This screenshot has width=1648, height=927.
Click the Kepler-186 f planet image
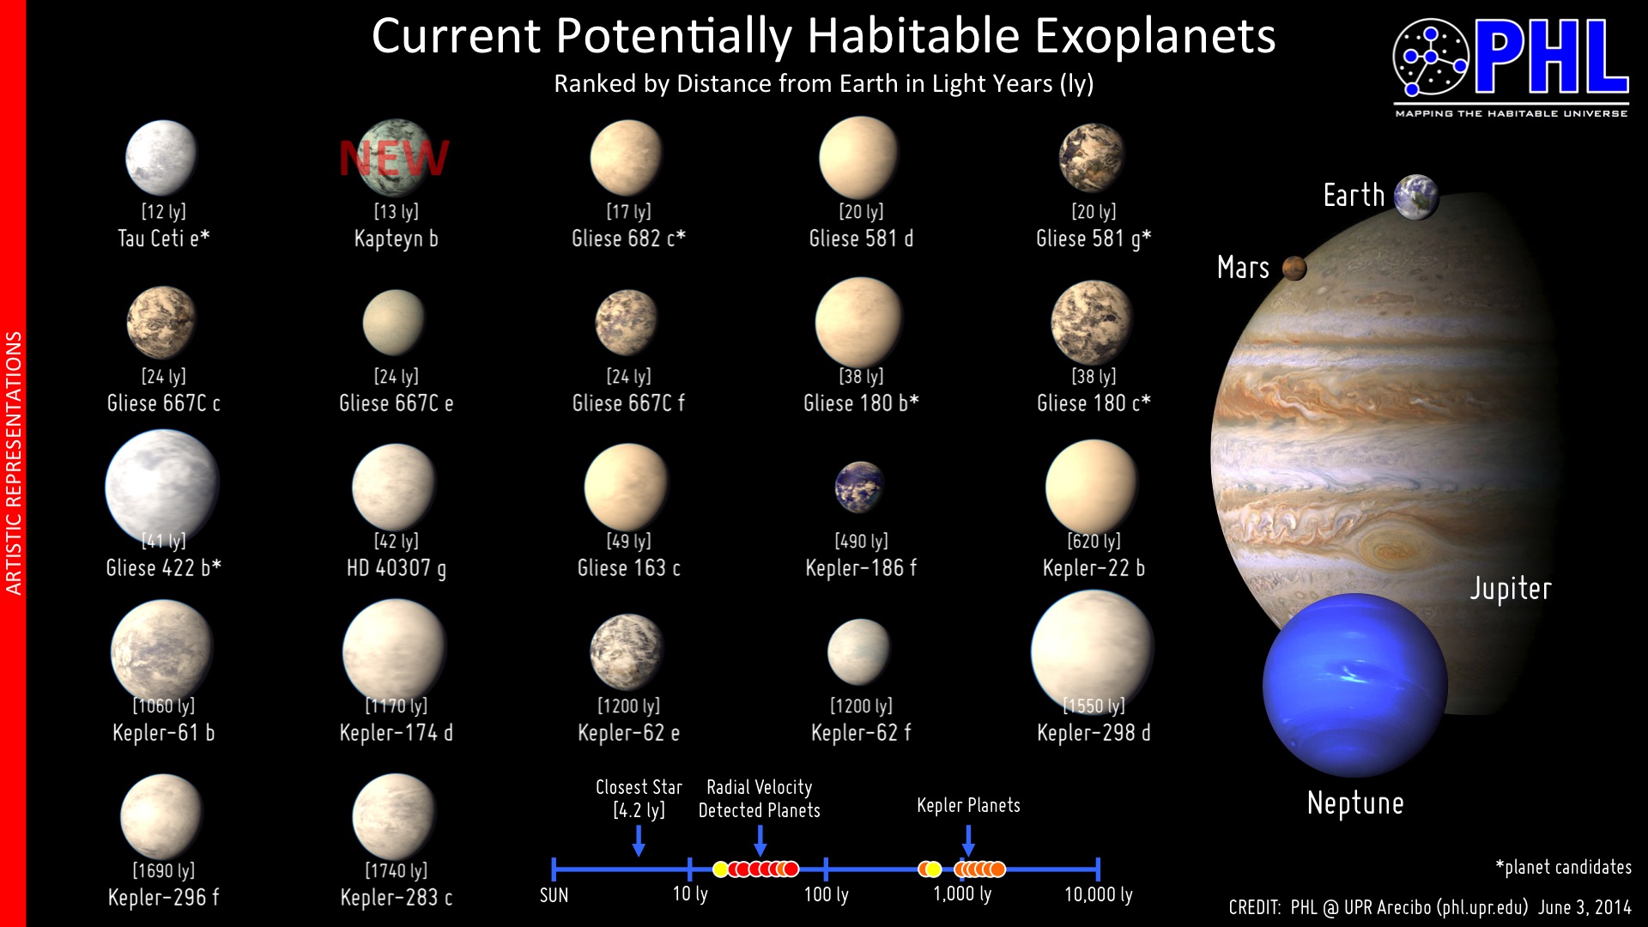point(859,487)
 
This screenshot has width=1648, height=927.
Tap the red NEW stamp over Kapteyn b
point(394,158)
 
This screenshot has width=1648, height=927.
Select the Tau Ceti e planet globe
point(161,158)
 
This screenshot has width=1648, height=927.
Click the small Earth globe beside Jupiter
point(1416,197)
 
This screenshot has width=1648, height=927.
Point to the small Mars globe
point(1294,269)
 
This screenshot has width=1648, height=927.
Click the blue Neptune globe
point(1355,685)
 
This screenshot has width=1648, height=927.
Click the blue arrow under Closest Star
point(639,840)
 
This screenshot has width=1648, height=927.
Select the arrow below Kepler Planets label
point(968,840)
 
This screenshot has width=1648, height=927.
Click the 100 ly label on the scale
point(826,894)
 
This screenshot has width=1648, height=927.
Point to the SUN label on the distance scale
point(554,895)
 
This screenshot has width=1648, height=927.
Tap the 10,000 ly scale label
point(1099,894)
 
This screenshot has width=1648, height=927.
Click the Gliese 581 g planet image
point(1092,157)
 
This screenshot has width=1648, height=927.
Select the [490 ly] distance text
point(861,541)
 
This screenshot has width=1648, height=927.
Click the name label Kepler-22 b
point(1094,568)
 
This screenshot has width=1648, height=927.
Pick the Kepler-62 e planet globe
point(627,651)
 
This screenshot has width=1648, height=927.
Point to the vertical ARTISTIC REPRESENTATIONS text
point(14,463)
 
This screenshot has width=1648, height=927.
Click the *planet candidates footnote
point(1563,868)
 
